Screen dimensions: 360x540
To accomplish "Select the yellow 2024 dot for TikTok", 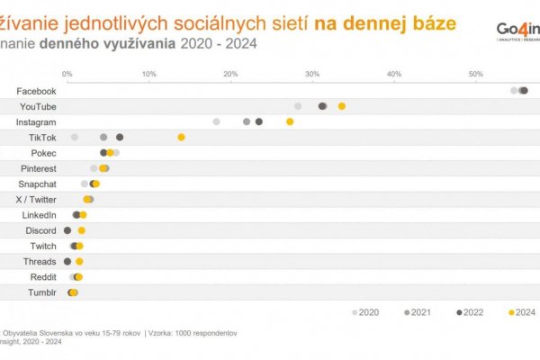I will [x=181, y=137].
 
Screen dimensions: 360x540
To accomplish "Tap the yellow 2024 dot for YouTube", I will [x=342, y=106].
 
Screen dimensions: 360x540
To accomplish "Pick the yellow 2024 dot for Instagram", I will [x=290, y=121].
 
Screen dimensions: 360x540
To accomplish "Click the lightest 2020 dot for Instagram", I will [x=216, y=121].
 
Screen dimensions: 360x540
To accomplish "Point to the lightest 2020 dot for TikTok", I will [x=75, y=137].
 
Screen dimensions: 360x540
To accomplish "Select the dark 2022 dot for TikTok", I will [x=120, y=137].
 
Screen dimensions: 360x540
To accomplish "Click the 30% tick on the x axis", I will [x=312, y=74].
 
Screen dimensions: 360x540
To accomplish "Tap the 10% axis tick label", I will [x=148, y=74].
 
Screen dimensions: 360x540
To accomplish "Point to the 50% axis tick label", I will [x=476, y=74].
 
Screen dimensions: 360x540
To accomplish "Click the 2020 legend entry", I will [x=364, y=312].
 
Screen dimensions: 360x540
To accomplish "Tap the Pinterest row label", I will [x=39, y=168].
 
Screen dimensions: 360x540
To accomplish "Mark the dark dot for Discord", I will [x=67, y=230].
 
